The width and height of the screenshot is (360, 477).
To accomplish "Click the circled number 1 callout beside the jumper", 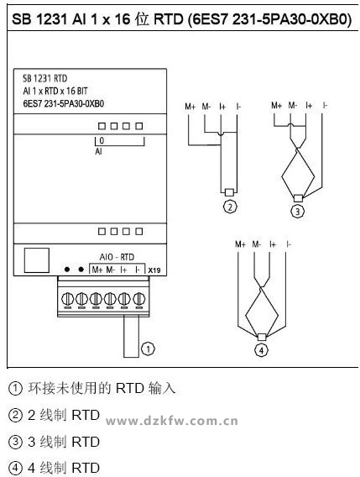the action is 148,349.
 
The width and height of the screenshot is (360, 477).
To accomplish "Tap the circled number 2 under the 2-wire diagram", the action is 230,207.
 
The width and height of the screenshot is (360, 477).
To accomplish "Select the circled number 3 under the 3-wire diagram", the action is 298,211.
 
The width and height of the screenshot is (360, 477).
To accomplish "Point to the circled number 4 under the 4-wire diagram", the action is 261,350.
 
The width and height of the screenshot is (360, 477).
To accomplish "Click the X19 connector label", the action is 154,270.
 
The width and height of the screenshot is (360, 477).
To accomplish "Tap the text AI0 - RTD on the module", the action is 117,257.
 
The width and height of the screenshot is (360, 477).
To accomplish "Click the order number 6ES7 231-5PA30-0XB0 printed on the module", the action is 64,104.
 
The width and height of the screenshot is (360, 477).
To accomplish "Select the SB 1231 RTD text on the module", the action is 45,78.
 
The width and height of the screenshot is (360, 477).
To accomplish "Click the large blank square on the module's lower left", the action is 36,260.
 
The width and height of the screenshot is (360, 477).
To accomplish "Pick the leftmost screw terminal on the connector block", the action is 67,299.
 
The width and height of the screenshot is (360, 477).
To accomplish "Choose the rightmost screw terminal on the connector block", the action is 138,299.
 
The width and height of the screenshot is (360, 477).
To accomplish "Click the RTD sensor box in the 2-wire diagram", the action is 229,192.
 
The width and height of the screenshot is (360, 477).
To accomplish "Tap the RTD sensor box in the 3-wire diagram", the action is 298,198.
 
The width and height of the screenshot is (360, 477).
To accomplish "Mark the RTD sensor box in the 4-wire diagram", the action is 262,337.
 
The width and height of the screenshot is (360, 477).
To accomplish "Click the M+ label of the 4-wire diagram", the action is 240,244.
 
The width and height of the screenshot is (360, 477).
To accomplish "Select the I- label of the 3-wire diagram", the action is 325,106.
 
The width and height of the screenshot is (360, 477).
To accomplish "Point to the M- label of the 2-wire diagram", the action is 206,107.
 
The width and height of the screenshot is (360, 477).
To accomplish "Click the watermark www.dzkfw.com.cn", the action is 172,422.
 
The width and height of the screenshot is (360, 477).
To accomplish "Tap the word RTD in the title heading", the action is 169,19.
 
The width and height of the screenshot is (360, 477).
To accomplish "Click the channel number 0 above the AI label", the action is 102,140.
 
